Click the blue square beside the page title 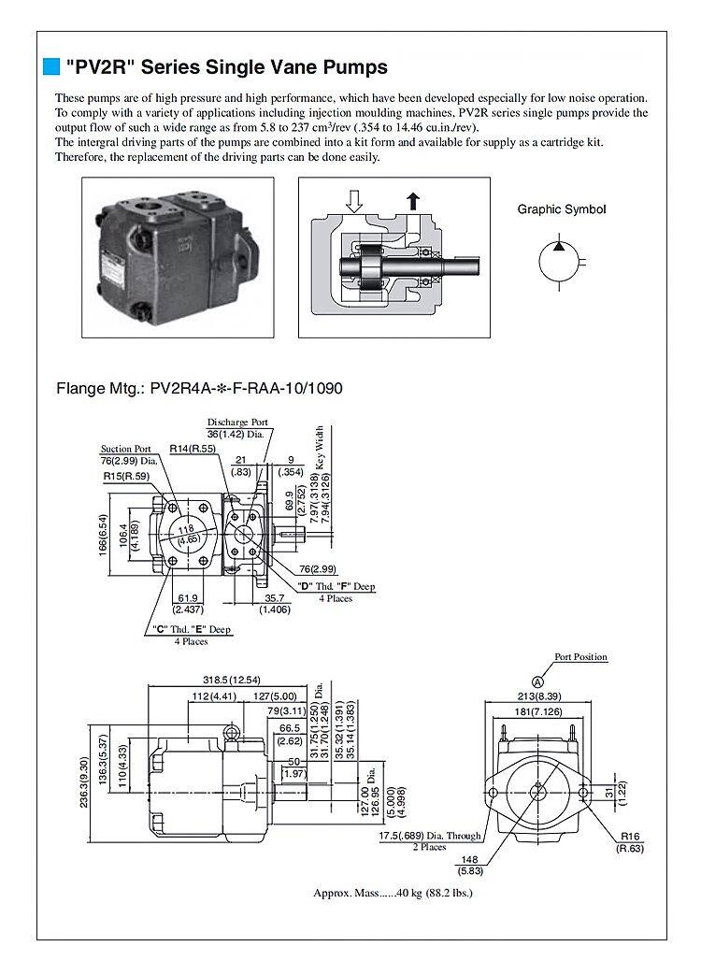52,67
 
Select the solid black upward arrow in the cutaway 412,199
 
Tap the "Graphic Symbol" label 561,209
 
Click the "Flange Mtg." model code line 200,386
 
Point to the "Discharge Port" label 237,423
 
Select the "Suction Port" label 125,449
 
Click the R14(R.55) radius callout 193,450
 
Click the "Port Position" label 580,657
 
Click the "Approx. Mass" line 393,893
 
